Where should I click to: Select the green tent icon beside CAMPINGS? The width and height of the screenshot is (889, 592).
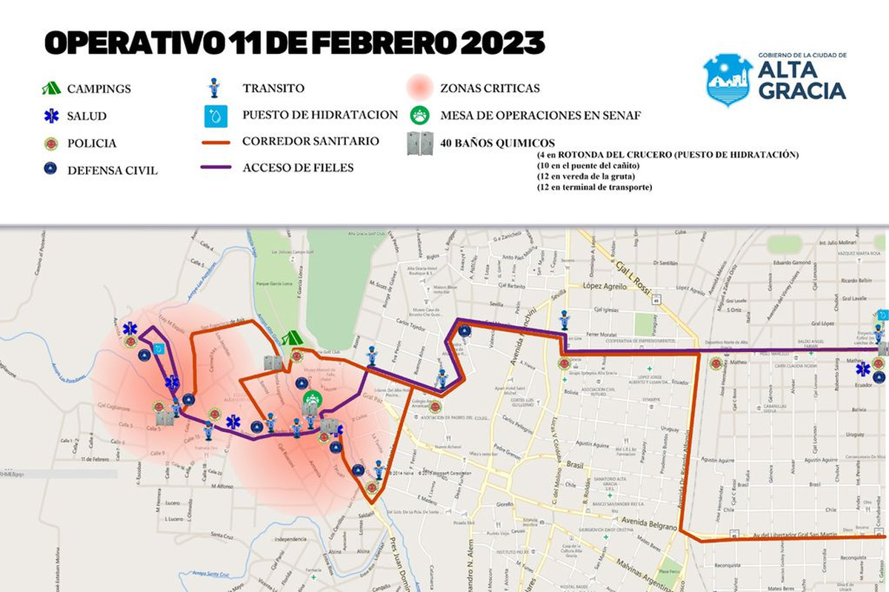point(51,88)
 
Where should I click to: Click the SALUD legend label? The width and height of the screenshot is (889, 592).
point(87,116)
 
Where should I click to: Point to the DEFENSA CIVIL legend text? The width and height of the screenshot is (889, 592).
point(112,170)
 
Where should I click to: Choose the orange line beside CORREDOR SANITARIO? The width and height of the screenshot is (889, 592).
point(216,141)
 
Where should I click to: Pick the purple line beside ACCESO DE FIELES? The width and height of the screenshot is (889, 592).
point(216,168)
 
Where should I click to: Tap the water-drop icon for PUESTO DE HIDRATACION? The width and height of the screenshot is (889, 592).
point(214,116)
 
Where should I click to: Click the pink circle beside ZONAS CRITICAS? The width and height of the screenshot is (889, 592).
point(420,88)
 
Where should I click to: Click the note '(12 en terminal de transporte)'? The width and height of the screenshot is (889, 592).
point(595,187)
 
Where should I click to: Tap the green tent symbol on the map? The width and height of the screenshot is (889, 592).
point(293,338)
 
